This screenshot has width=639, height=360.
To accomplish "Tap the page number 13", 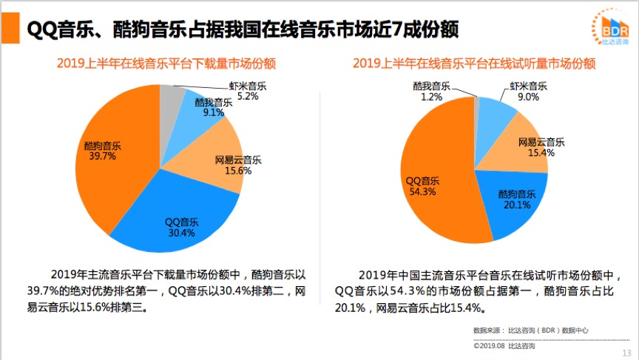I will (626, 352).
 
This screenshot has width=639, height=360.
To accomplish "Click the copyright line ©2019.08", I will (504, 345).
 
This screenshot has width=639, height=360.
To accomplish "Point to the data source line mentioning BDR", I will (531, 330).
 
